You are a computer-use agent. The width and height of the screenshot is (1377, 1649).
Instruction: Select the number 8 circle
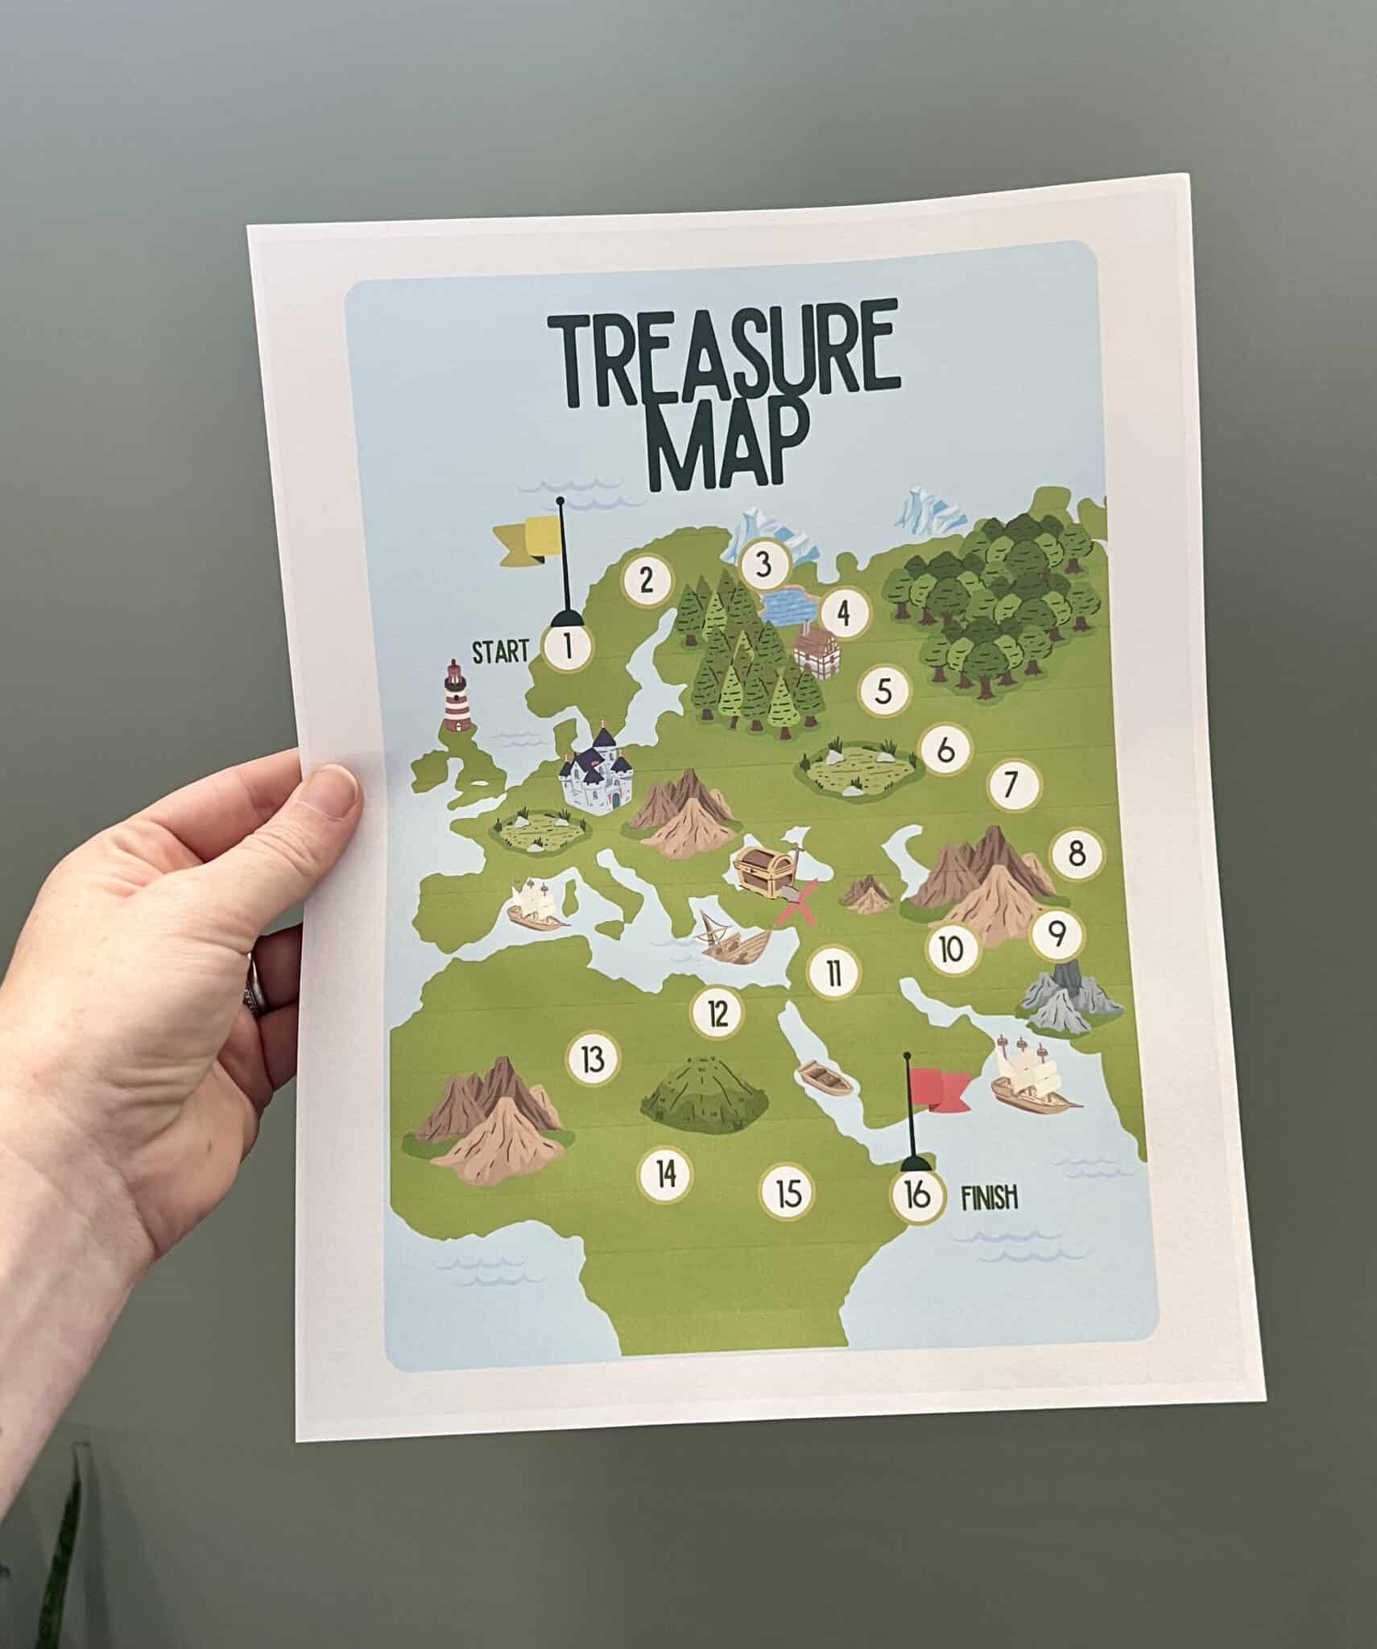point(1078,853)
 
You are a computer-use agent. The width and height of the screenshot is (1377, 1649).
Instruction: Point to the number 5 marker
point(884,691)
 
